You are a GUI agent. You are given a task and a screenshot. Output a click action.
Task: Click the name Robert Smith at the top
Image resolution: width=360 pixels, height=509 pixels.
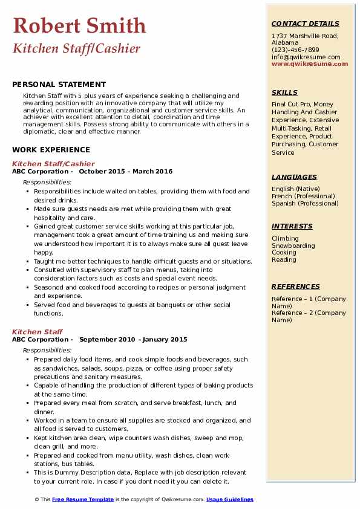point(79,25)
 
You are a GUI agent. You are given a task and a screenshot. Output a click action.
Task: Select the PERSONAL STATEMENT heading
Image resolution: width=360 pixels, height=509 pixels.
point(59,85)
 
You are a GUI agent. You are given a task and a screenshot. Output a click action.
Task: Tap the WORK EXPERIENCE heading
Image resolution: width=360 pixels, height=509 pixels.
point(51,150)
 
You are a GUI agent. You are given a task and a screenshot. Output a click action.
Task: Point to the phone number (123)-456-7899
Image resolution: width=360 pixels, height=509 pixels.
point(295,50)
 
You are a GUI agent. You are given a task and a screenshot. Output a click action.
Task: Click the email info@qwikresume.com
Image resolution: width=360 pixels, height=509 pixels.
point(306,57)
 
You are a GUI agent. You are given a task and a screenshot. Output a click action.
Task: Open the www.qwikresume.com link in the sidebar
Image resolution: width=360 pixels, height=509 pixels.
point(310,63)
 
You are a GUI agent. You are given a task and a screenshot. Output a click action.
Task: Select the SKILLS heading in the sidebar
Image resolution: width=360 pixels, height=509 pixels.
point(284,92)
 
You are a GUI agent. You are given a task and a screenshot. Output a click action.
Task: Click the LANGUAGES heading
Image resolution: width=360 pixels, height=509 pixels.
point(294,177)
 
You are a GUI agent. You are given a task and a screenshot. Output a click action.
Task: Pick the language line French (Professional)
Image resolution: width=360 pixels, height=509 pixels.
point(305,196)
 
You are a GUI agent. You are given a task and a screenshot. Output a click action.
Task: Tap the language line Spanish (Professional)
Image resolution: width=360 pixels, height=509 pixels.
point(305,203)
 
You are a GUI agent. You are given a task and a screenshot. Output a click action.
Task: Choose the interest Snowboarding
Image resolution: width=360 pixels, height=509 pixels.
point(293,245)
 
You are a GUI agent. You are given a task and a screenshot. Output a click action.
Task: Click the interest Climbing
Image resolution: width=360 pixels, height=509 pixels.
point(285,238)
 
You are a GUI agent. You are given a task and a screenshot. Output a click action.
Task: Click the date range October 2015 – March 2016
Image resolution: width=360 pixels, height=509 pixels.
point(125,172)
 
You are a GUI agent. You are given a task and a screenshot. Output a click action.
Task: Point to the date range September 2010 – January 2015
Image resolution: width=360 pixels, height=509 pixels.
point(133,340)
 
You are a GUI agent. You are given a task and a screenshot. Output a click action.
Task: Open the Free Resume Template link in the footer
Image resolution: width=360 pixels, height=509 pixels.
point(83,499)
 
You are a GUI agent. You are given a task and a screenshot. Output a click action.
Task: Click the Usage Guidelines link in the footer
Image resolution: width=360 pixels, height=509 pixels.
point(230,499)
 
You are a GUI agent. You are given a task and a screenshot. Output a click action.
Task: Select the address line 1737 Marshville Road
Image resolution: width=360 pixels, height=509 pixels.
point(304,36)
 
